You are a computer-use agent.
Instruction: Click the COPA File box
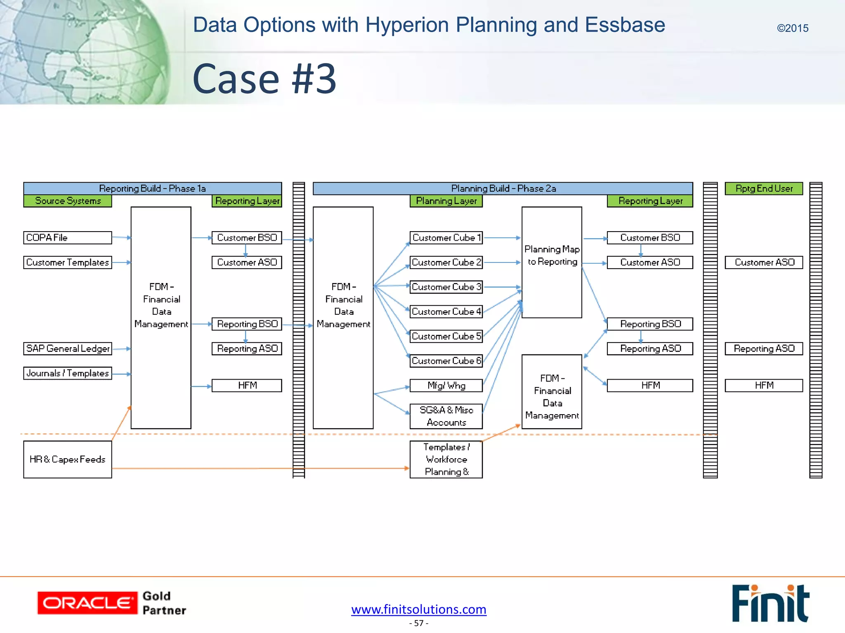[67, 238]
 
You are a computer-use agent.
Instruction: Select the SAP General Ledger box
[67, 349]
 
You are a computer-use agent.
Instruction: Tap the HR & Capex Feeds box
[67, 459]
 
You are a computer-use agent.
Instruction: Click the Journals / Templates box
[67, 373]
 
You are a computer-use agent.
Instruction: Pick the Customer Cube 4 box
[446, 312]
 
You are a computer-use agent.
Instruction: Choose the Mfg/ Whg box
[446, 385]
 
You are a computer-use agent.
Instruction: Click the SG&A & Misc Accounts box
[446, 416]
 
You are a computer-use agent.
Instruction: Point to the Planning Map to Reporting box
[552, 262]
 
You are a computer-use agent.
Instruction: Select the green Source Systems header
[68, 201]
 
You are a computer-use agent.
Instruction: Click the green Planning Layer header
[446, 201]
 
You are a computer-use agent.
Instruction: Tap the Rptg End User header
[764, 188]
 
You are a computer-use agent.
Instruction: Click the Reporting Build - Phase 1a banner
[152, 188]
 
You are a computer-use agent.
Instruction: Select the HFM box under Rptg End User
[764, 385]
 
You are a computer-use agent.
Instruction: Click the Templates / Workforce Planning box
[446, 459]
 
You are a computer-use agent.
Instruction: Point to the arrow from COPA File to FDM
[121, 237]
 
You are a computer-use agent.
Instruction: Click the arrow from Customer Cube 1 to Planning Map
[501, 238]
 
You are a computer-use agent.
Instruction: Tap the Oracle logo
[87, 603]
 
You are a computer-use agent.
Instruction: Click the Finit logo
[770, 603]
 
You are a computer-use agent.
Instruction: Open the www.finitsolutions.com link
[419, 609]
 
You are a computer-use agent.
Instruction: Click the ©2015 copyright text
[792, 28]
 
